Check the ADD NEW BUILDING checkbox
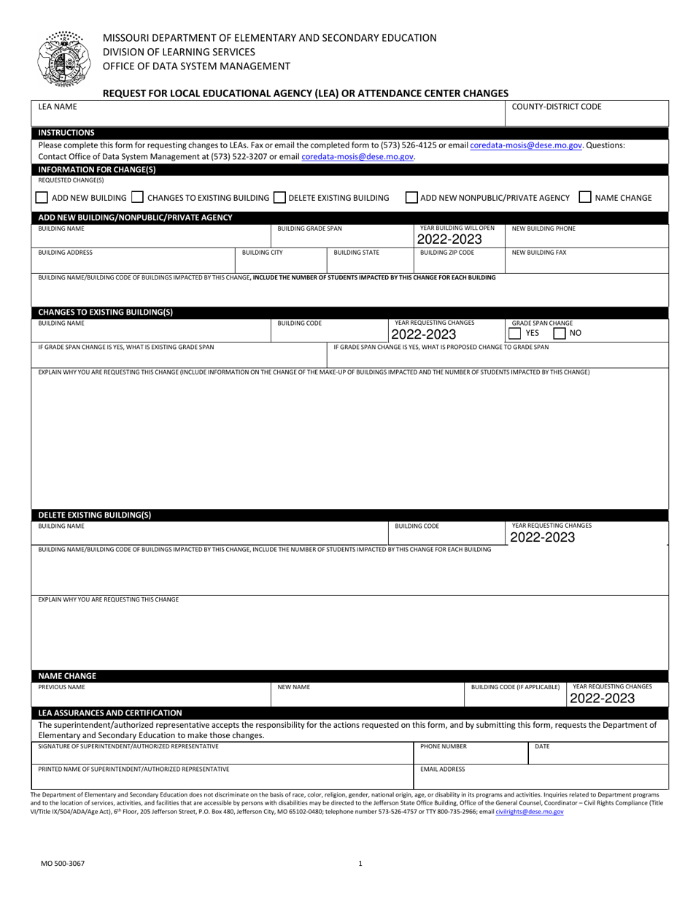point(42,197)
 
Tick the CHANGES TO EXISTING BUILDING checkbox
point(138,197)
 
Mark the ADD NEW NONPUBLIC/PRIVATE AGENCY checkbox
point(412,197)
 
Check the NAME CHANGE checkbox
point(585,197)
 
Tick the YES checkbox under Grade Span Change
point(515,334)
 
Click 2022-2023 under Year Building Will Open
point(449,239)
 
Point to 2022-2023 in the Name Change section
point(603,699)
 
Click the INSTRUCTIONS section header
point(66,133)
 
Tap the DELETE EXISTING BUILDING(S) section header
point(94,514)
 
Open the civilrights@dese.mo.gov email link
point(529,812)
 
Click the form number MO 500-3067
point(63,864)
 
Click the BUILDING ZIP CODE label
point(447,253)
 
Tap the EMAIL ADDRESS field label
point(443,769)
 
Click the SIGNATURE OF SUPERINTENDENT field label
point(128,746)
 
